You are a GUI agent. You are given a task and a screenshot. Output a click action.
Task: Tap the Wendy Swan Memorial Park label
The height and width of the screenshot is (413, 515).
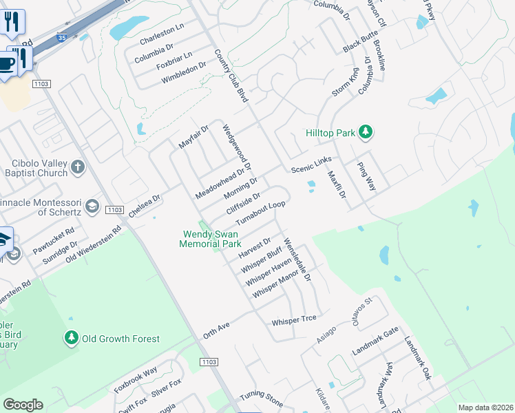210,239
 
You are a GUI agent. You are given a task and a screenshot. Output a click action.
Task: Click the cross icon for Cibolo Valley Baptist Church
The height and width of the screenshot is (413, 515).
78,167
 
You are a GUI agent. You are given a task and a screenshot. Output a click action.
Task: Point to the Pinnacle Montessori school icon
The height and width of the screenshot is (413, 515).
92,206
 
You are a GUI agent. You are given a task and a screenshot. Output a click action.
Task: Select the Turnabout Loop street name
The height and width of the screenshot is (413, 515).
260,213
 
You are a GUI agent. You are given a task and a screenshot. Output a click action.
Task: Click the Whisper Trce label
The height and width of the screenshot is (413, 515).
293,321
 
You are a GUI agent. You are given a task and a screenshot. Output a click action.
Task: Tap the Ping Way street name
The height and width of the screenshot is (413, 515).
366,176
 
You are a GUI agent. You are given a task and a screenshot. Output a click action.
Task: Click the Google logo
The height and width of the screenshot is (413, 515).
23,405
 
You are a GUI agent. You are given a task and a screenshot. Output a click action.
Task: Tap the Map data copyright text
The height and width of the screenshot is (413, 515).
485,407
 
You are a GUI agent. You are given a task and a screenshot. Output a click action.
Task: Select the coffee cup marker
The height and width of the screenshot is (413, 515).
6,64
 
